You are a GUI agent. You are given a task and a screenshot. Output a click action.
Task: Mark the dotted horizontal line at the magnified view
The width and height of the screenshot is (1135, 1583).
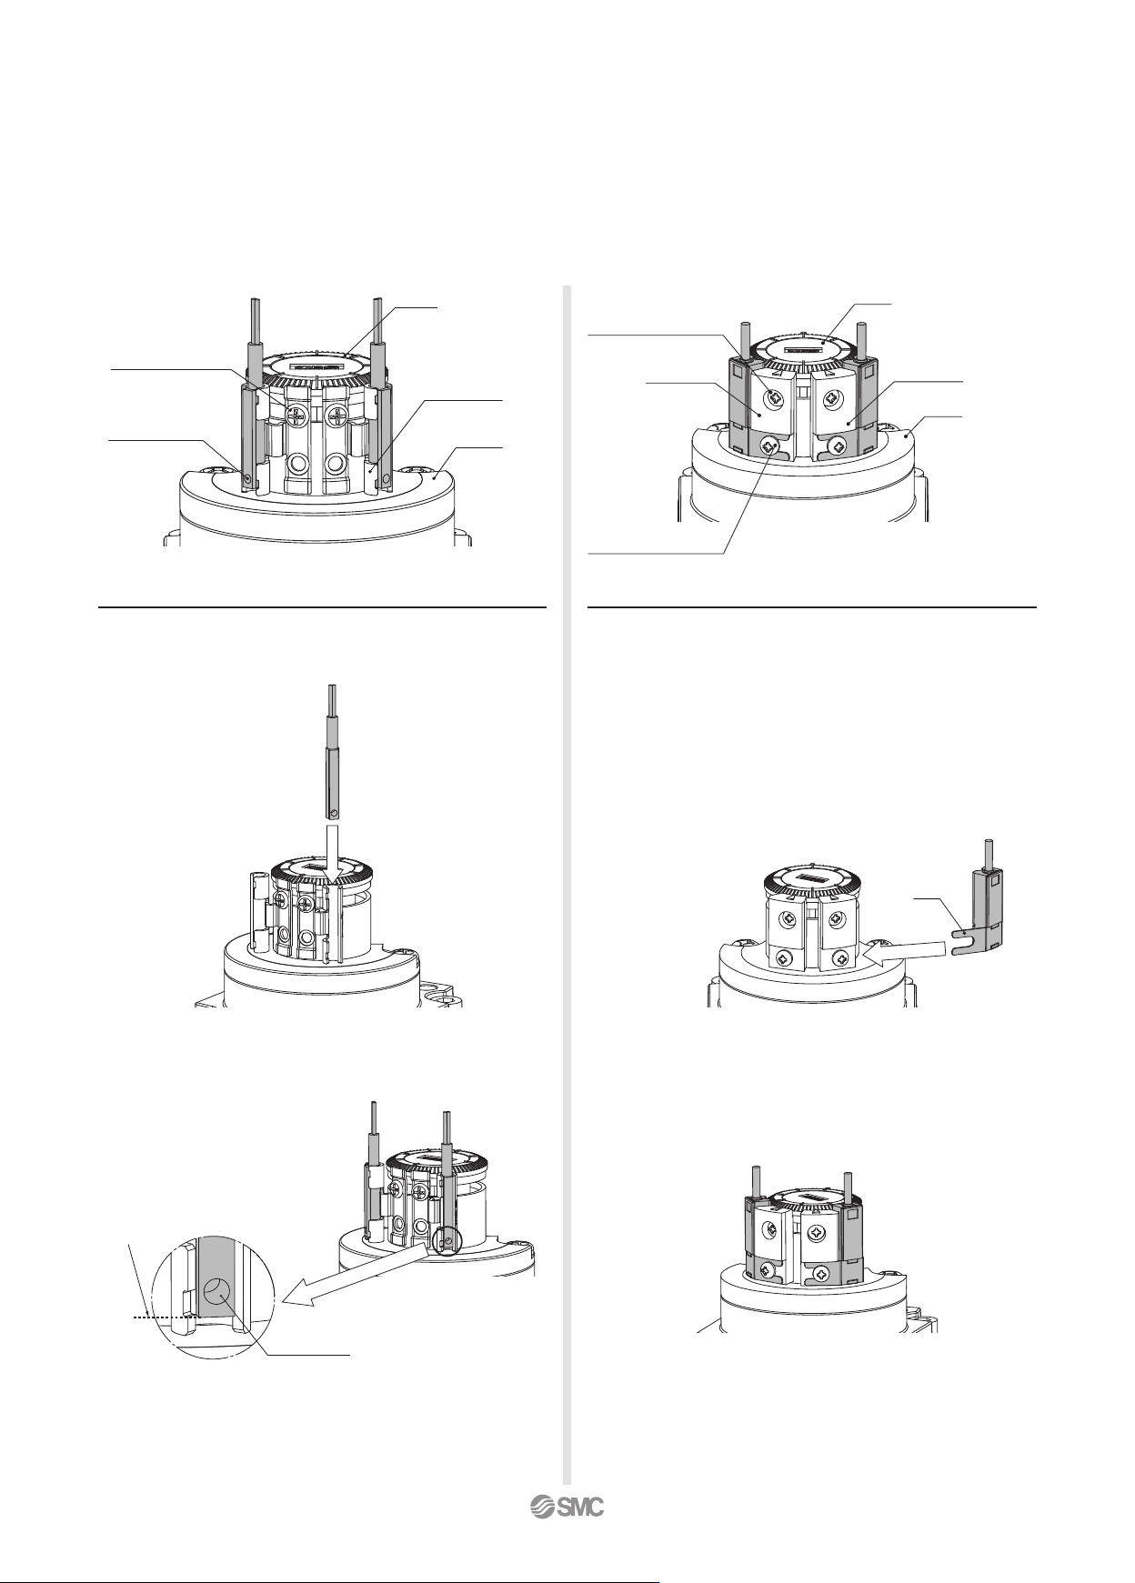(161, 1316)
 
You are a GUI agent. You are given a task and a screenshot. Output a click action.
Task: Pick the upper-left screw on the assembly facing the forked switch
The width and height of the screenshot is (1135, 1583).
(783, 915)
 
